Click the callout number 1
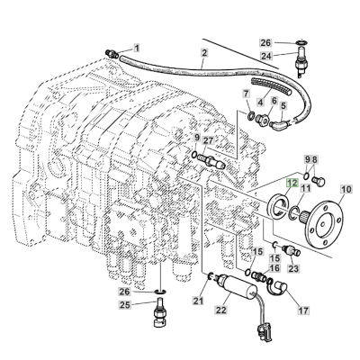[138, 47]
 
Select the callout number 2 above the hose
[204, 54]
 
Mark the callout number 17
[302, 312]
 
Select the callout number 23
[293, 268]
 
